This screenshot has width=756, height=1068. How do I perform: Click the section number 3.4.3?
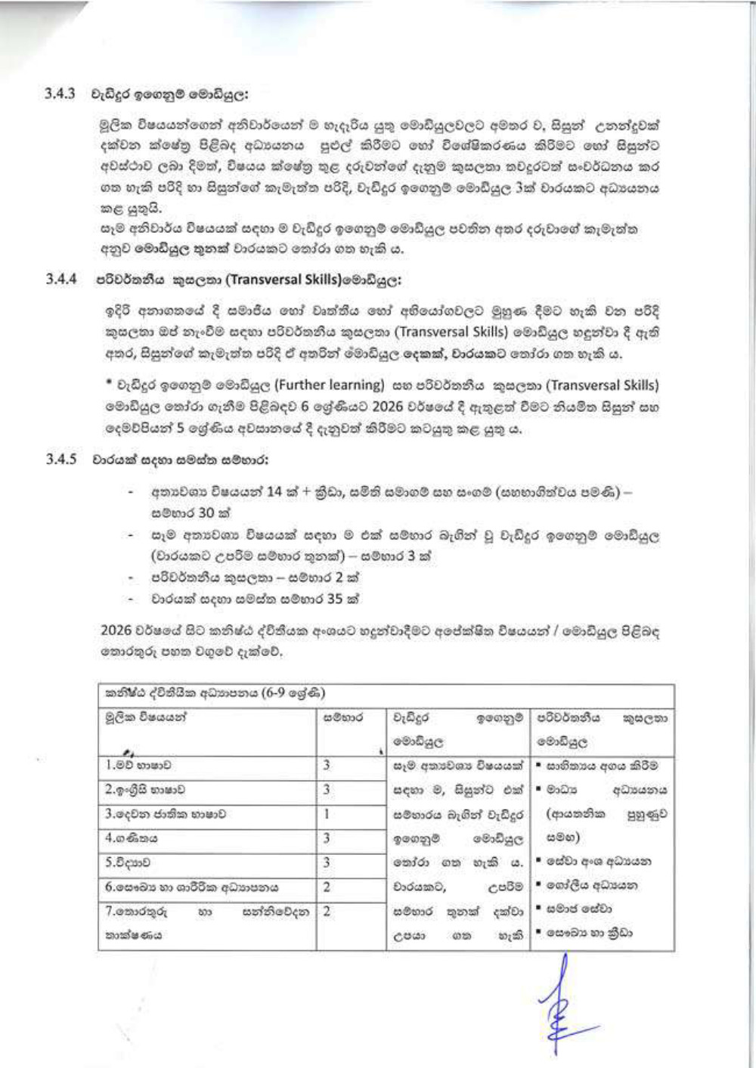click(x=60, y=94)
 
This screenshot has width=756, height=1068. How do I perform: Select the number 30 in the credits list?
click(x=206, y=512)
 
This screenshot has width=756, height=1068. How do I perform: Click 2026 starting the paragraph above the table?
click(x=116, y=630)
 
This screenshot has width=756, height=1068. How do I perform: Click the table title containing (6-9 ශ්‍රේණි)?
click(x=216, y=693)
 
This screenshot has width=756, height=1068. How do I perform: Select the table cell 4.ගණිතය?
click(x=132, y=838)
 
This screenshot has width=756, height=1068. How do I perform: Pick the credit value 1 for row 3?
click(x=327, y=814)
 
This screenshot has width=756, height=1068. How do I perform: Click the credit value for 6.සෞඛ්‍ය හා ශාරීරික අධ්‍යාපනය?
click(x=327, y=887)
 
